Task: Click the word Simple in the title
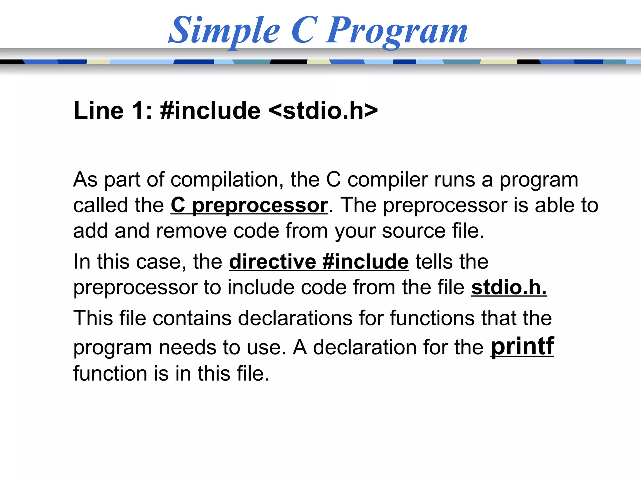point(224,31)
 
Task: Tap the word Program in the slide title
point(396,31)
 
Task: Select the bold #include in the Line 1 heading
point(210,111)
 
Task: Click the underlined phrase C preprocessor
point(249,206)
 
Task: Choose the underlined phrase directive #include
point(319,262)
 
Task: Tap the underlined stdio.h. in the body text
point(509,287)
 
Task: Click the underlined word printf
point(522,346)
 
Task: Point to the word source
point(413,231)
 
